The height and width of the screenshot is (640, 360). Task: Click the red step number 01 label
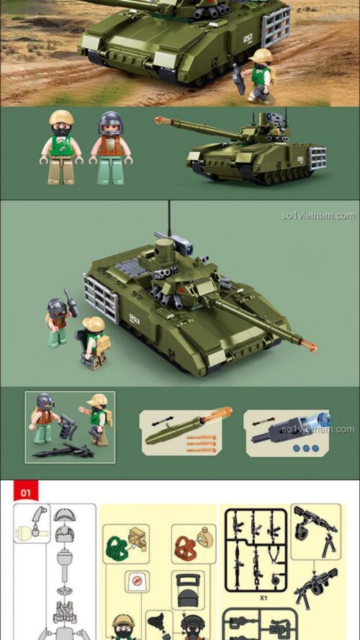[26, 492]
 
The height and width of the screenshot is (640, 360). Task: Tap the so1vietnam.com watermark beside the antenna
[318, 215]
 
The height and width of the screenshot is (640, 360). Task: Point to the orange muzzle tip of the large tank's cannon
[311, 348]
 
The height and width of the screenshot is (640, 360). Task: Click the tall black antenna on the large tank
[170, 219]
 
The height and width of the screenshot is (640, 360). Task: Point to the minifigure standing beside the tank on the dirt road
[259, 76]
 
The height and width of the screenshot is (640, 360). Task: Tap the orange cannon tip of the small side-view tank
[158, 120]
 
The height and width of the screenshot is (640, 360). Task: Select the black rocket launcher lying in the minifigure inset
[63, 451]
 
